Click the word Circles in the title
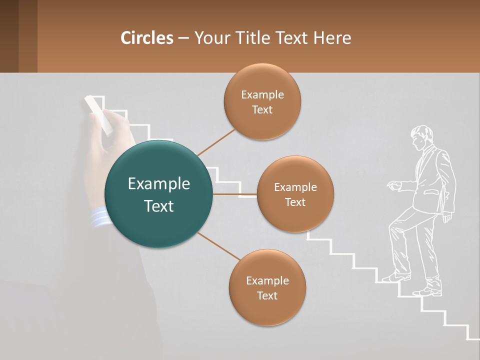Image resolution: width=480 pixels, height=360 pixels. [147, 38]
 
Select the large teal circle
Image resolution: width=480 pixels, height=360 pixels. [158, 194]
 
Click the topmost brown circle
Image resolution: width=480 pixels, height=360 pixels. [262, 101]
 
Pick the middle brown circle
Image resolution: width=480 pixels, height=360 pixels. [295, 194]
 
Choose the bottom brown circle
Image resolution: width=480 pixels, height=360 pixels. [267, 287]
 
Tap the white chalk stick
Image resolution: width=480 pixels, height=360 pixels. [98, 114]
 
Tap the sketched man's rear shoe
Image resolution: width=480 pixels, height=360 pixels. [427, 291]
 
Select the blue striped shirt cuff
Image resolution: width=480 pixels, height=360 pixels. [101, 217]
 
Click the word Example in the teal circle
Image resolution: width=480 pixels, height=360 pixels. [158, 183]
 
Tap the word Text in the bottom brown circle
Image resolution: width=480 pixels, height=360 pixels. [267, 295]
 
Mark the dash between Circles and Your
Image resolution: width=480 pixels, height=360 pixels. [183, 38]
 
